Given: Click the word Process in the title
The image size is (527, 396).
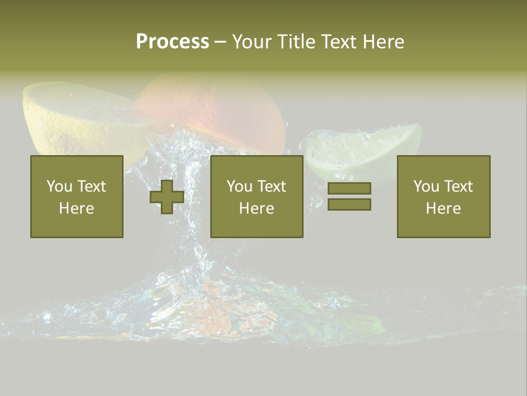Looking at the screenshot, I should pos(172,42).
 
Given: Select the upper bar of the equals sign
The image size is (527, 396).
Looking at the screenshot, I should pos(349,189).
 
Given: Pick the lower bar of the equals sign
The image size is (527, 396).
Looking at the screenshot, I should pos(349,204).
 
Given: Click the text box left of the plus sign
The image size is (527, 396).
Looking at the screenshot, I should pos(77,196).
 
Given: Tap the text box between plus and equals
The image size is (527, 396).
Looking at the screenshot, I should pos(257,196).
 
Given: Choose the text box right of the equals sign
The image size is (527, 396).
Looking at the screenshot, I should pos(444,196).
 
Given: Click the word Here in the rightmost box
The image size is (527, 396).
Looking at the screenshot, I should pos(444,208).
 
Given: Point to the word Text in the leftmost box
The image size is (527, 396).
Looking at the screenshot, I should pos(92,186).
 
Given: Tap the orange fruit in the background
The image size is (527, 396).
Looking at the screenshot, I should pos(214,107).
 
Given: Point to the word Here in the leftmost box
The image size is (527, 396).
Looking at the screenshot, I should pos(77,208).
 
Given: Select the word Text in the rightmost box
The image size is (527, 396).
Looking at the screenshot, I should pos(459,186).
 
